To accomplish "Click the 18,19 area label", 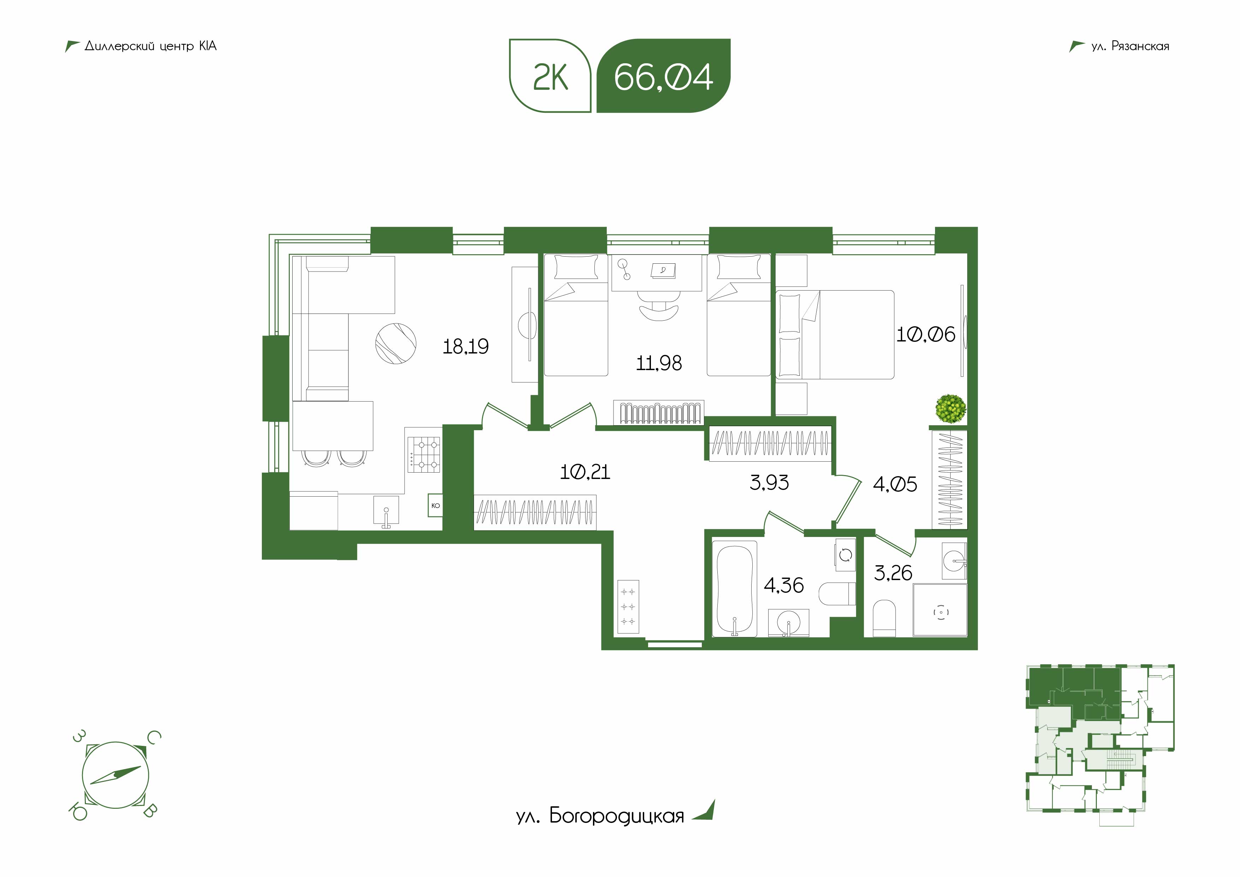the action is point(465,346).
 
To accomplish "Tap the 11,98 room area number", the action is point(659,363).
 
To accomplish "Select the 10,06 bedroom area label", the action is point(926,334).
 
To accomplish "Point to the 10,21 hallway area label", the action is point(585,472).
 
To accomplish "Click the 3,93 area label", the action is point(769,482).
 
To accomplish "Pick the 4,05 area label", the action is point(895,484).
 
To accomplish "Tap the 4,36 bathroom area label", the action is point(784,585).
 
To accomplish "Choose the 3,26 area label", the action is point(893,573).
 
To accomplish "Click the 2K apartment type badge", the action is point(550,76).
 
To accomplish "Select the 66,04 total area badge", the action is point(663,76).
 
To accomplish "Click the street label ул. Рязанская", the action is point(1130,46).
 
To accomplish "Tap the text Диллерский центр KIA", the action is point(151,46).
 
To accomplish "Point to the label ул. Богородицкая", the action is point(600,815).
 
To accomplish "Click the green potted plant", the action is point(951,409).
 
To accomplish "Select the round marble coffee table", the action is point(396,344).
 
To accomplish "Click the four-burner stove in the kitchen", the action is point(424,455).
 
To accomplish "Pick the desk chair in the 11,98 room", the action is point(658,308).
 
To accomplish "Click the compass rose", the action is point(115,775).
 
